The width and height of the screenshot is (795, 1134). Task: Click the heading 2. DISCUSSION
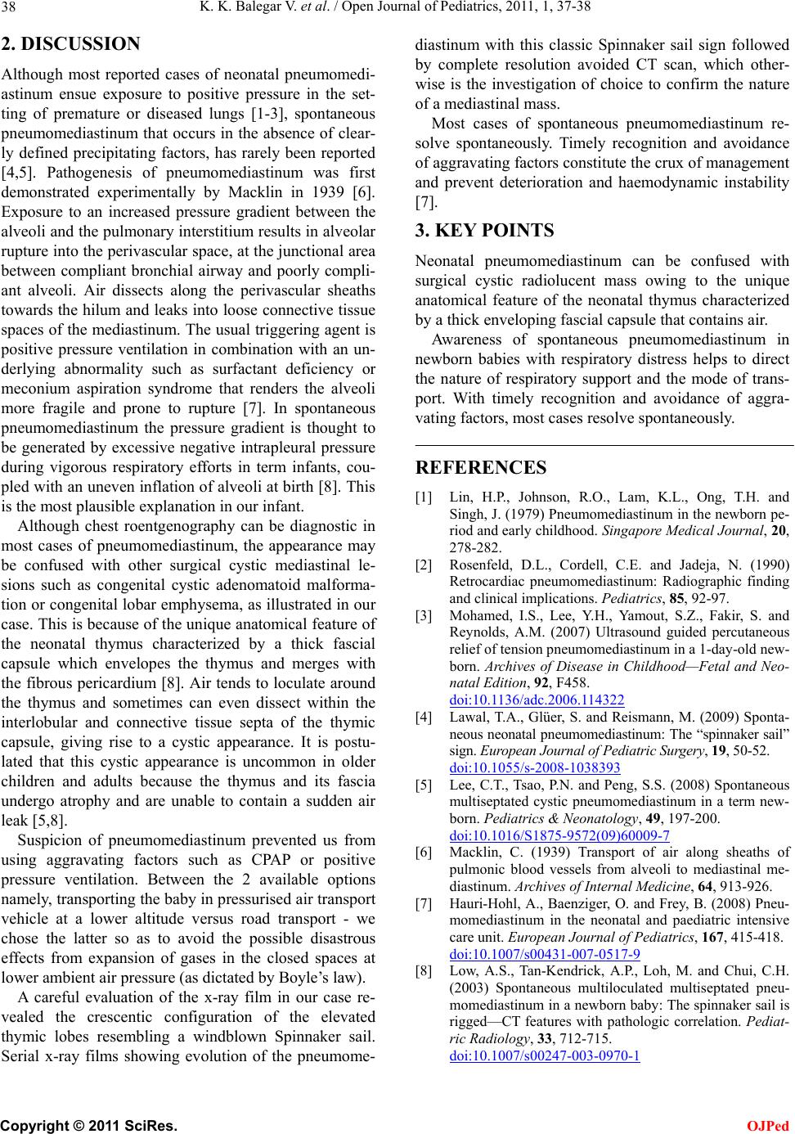70,43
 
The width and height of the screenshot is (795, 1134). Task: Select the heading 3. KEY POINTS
484,230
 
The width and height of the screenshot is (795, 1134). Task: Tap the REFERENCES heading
481,468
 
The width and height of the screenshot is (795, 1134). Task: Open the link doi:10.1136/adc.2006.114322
537,700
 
